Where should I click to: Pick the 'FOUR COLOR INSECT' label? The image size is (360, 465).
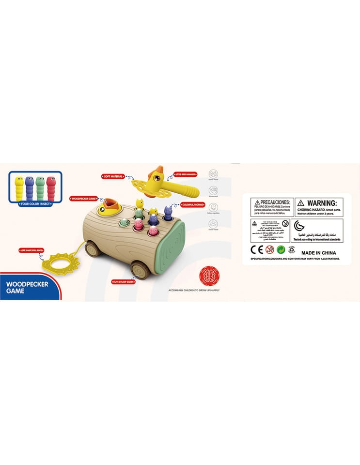click(x=35, y=204)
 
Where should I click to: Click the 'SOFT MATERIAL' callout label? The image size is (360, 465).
click(x=112, y=177)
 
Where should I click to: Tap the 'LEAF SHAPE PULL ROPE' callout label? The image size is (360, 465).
click(x=29, y=250)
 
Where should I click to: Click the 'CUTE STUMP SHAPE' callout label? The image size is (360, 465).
click(x=124, y=281)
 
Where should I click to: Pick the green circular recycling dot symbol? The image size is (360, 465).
click(x=281, y=249)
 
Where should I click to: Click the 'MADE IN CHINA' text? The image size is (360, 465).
click(x=318, y=252)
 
